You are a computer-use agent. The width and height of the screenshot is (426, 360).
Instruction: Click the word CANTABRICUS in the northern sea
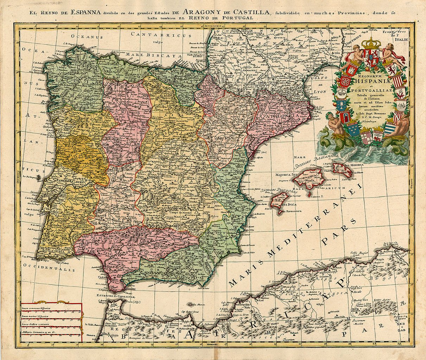pyautogui.click(x=160, y=35)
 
